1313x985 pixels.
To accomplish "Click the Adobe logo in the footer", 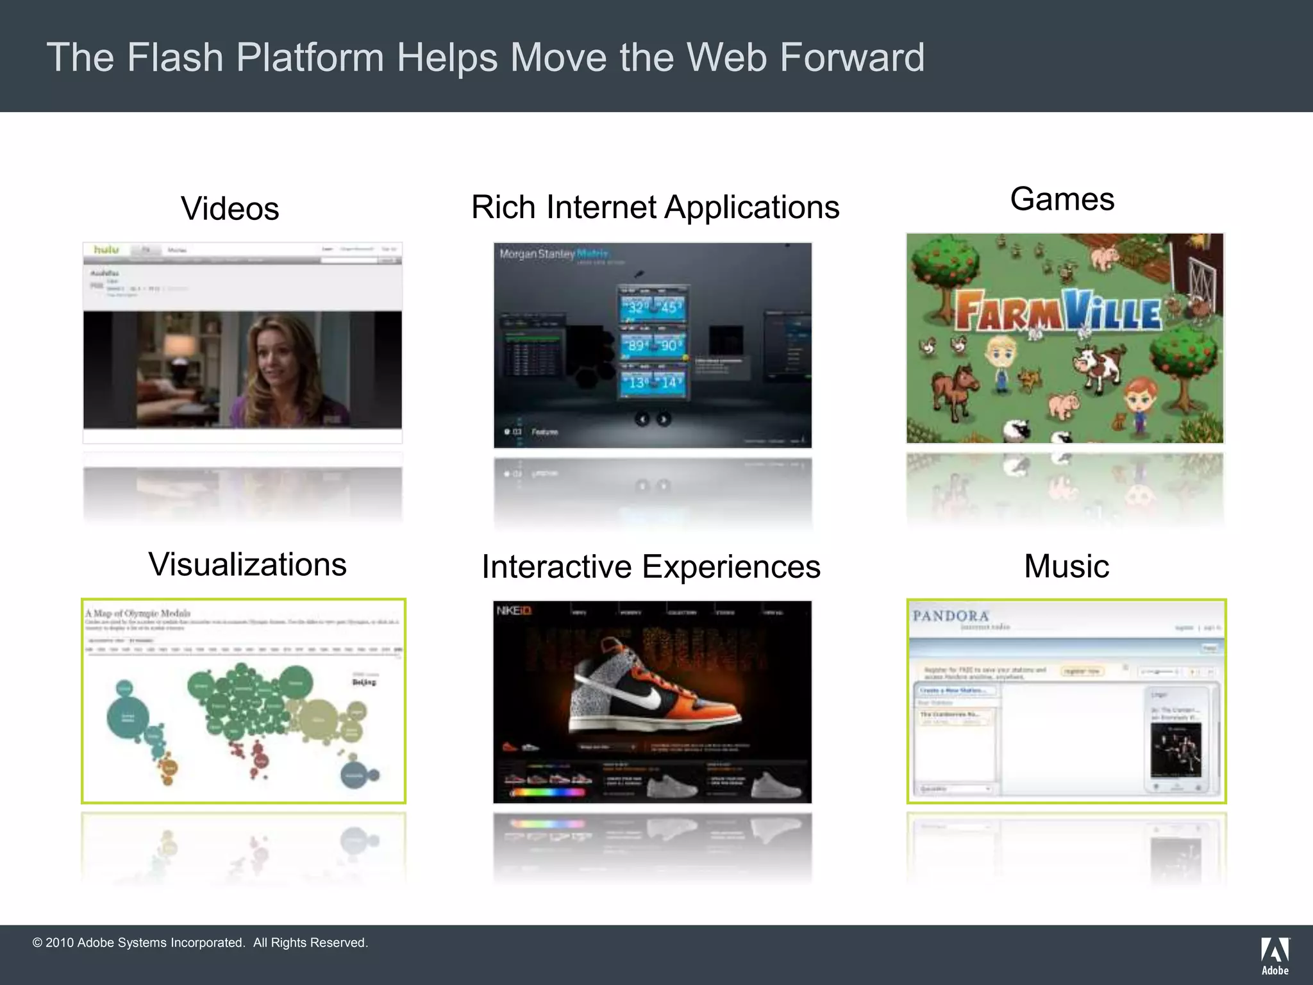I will click(1275, 955).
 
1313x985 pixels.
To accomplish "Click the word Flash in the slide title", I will click(174, 58).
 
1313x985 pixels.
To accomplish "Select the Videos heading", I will click(230, 209).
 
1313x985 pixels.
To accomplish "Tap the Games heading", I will click(1062, 199).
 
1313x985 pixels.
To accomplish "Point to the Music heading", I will click(1066, 566).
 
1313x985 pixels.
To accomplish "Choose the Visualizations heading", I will click(247, 565).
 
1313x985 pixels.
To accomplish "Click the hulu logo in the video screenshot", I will click(106, 249).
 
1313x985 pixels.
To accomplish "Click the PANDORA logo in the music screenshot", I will click(950, 616).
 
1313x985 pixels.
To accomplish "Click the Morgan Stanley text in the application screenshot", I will click(537, 254).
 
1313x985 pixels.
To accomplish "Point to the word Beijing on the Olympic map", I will click(364, 682).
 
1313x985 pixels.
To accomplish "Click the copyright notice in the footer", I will click(200, 943).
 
